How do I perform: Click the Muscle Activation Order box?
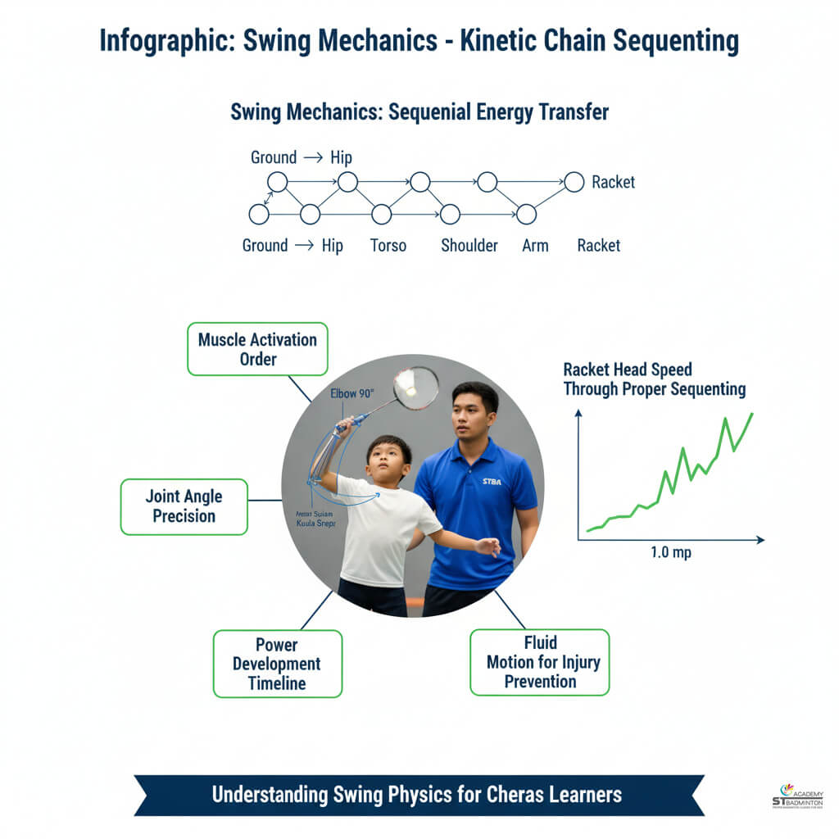coord(257,349)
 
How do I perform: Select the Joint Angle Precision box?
coord(184,506)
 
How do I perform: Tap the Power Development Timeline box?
coord(277,664)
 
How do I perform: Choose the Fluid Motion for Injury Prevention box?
coord(540,662)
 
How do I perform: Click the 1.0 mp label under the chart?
coord(670,552)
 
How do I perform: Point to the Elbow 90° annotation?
coord(353,393)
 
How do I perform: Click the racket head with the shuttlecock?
coord(415,388)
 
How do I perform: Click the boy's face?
coord(388,462)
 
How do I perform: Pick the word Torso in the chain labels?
coord(388,245)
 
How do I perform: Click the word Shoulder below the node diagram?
coord(469,245)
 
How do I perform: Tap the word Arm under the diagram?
coord(535,245)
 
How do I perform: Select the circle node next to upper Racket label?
coord(574,182)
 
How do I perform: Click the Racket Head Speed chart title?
coord(654,379)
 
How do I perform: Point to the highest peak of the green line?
coord(751,415)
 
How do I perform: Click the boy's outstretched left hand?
coord(489,546)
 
